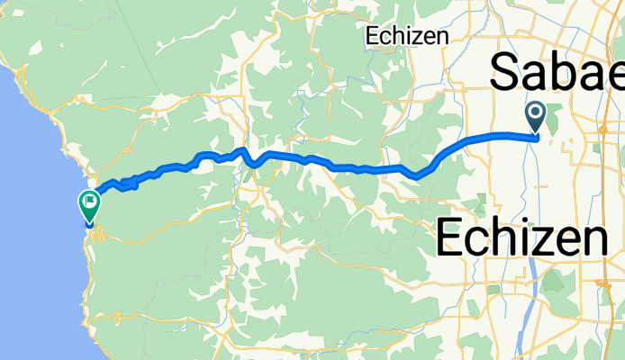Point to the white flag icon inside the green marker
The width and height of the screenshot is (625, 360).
pos(89,202)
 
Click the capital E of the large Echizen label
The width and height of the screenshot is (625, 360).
pos(453,238)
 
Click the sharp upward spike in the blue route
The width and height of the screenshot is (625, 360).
pos(242,150)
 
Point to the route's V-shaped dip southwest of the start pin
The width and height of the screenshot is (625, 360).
pos(417,175)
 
